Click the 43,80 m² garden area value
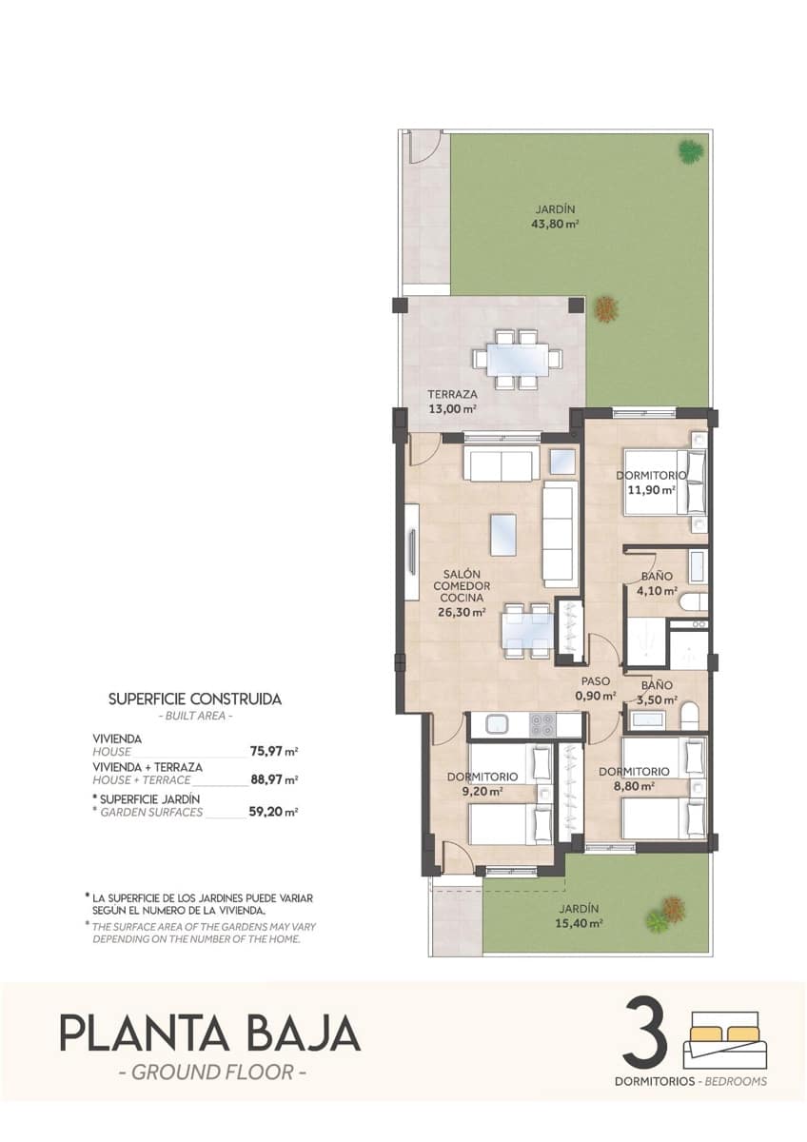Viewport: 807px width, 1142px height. tap(555, 226)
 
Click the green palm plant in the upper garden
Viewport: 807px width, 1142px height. tap(691, 150)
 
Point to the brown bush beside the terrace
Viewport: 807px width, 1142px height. tap(605, 308)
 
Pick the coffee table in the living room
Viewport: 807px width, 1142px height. tap(502, 533)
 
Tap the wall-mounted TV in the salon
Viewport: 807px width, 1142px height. tap(412, 552)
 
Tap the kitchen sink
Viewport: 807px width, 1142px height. tap(498, 724)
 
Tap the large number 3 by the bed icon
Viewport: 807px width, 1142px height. tap(646, 1032)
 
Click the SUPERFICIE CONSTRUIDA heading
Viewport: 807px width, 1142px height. tap(195, 698)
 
